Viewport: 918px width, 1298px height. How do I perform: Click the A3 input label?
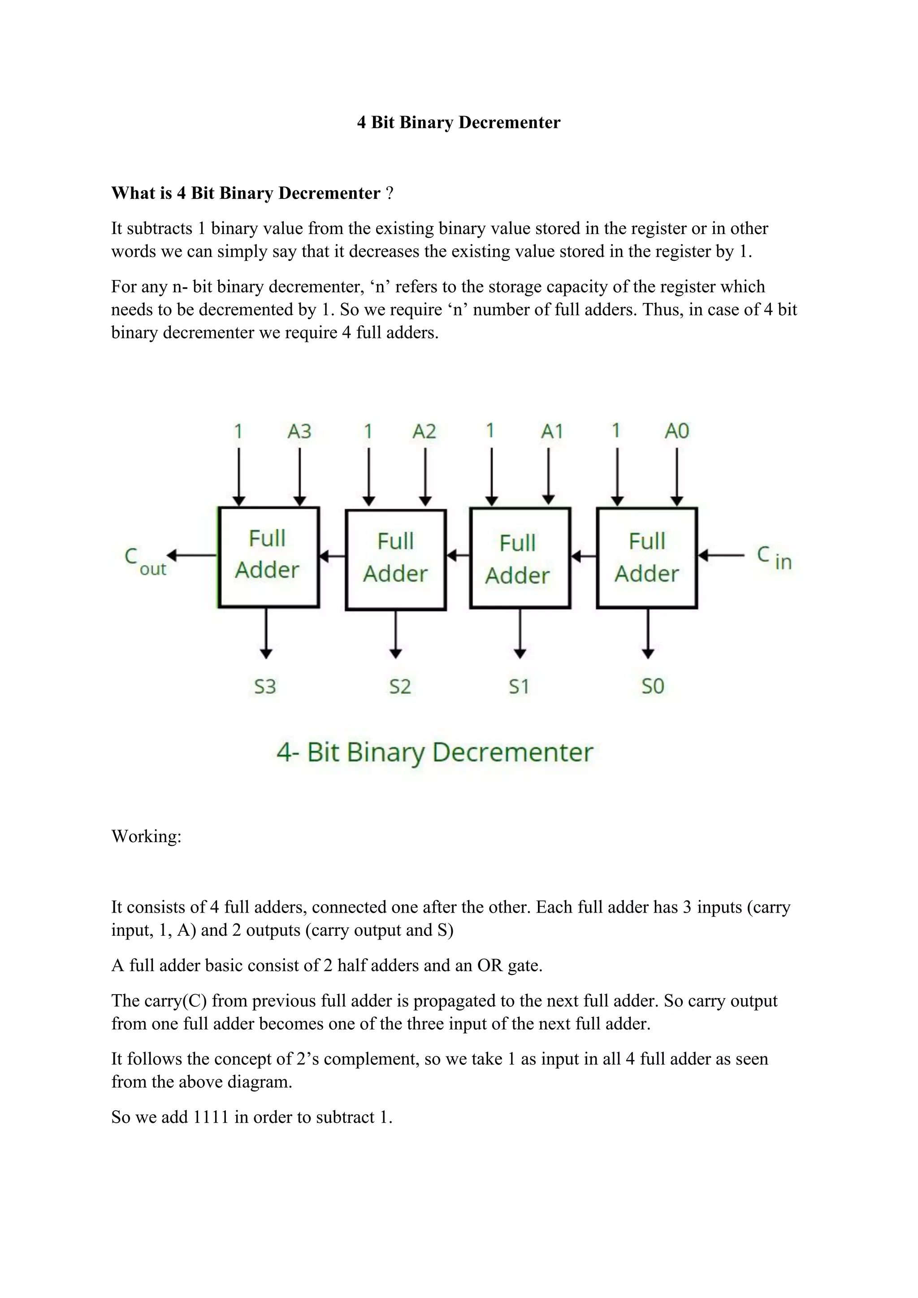(x=299, y=432)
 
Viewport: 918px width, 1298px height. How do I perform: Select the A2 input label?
(x=424, y=432)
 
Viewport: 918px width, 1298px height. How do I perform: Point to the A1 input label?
(x=552, y=432)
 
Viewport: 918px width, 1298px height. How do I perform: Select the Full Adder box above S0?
(x=647, y=558)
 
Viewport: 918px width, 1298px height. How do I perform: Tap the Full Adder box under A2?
(x=396, y=560)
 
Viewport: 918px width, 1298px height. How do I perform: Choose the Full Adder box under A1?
(x=520, y=558)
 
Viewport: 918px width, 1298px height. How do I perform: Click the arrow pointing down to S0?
(x=648, y=633)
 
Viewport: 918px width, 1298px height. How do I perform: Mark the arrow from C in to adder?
(x=721, y=556)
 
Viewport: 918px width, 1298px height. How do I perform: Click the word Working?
(x=146, y=836)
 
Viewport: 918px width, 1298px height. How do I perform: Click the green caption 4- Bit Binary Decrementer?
(x=434, y=753)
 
